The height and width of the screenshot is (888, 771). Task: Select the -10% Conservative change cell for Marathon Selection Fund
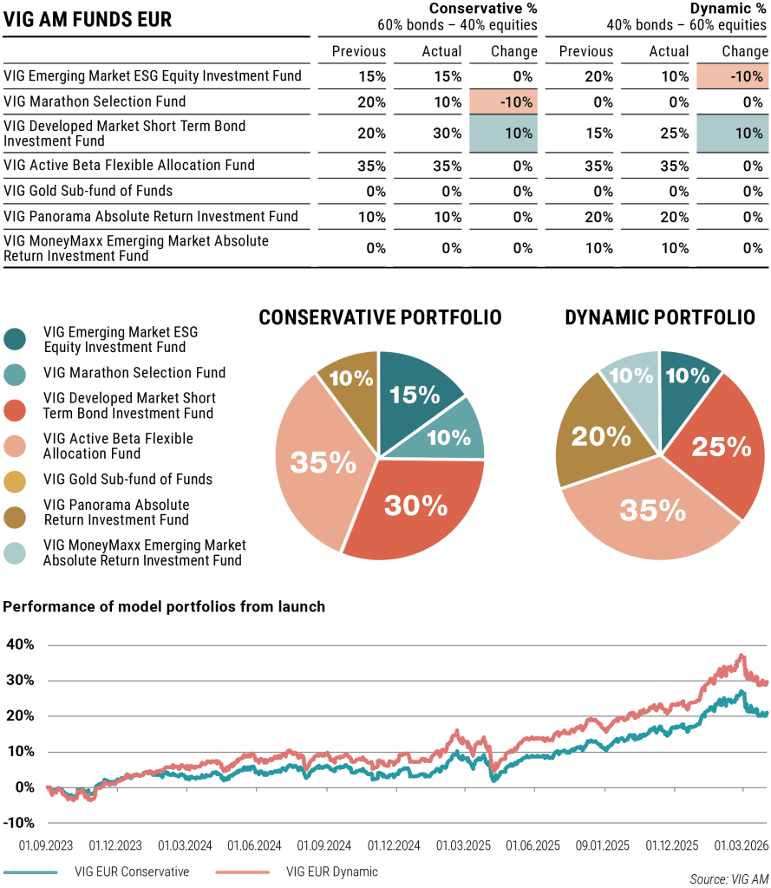pos(503,101)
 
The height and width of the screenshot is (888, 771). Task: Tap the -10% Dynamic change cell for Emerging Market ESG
pos(732,75)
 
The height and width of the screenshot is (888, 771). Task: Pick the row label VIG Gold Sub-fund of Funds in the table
pos(88,191)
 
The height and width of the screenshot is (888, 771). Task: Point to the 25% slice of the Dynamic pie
pos(720,447)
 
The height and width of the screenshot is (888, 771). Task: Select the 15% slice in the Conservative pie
pos(415,395)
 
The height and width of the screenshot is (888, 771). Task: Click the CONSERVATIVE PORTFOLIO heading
pos(380,318)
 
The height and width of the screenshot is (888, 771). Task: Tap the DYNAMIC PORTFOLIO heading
pos(659,318)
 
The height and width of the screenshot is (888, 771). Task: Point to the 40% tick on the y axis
pos(20,644)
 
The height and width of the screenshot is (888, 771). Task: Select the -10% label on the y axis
pos(18,822)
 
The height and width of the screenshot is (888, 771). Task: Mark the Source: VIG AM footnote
pos(729,879)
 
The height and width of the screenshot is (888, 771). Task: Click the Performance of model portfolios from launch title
pos(164,607)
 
